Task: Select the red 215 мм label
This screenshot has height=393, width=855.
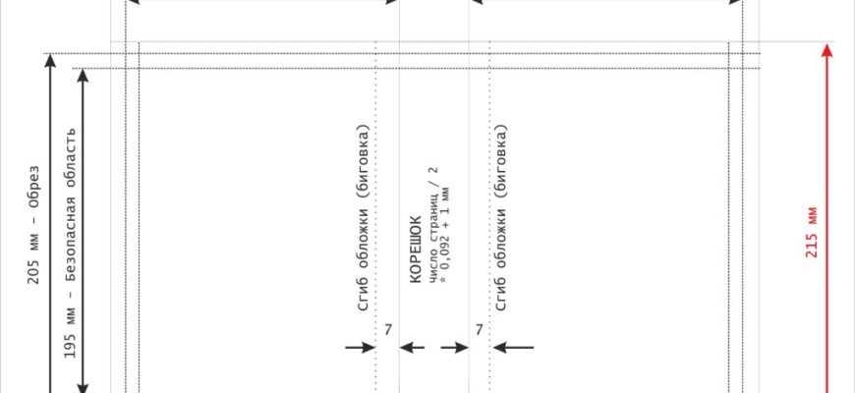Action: tap(812, 232)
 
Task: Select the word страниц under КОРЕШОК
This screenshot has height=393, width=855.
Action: tap(432, 211)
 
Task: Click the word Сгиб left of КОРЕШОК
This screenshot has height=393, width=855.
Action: tap(363, 296)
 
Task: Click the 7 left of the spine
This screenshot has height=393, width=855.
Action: tap(388, 330)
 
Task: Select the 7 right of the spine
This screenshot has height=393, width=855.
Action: tap(479, 330)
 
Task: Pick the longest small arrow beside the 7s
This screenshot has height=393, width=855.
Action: tap(514, 346)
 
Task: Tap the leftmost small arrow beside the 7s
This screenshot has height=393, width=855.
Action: tap(361, 346)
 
